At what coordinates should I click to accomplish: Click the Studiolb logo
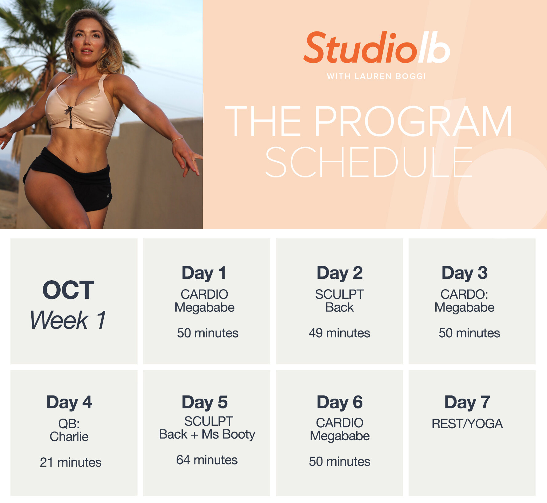pyautogui.click(x=377, y=48)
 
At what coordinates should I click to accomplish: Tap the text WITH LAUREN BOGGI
pyautogui.click(x=376, y=76)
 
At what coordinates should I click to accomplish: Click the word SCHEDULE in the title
pyautogui.click(x=369, y=162)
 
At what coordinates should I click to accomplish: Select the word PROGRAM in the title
pyautogui.click(x=413, y=121)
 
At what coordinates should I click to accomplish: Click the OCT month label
pyautogui.click(x=68, y=290)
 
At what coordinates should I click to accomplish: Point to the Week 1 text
pyautogui.click(x=68, y=320)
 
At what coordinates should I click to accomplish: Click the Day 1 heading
pyautogui.click(x=204, y=273)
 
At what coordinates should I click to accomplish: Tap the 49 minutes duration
pyautogui.click(x=339, y=333)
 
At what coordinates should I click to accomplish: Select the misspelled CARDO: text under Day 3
pyautogui.click(x=464, y=294)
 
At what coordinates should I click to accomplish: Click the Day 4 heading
pyautogui.click(x=69, y=402)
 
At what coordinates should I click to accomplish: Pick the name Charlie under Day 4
pyautogui.click(x=69, y=437)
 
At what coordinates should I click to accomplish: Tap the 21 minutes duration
pyautogui.click(x=70, y=462)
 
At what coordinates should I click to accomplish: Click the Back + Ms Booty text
pyautogui.click(x=207, y=435)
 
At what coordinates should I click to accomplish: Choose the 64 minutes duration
pyautogui.click(x=207, y=460)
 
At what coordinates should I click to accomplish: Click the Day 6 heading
pyautogui.click(x=340, y=402)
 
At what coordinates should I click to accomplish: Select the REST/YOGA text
pyautogui.click(x=467, y=424)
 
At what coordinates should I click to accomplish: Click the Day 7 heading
pyautogui.click(x=467, y=402)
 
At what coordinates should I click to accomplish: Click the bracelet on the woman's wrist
pyautogui.click(x=178, y=140)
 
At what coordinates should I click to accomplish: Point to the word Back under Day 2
pyautogui.click(x=339, y=307)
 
